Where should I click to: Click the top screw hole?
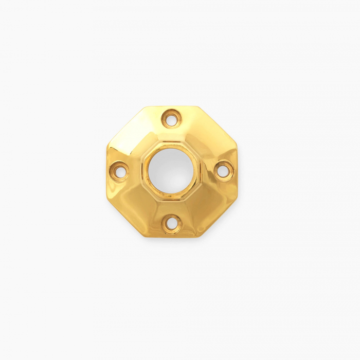171,118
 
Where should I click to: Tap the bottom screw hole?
172,223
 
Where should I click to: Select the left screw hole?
119,170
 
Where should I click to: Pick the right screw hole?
224,170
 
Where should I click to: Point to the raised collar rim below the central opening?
171,197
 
